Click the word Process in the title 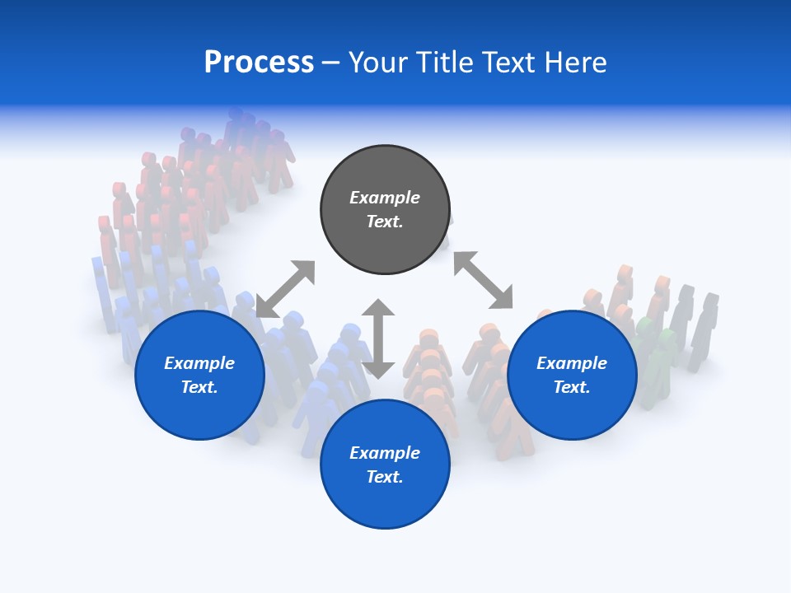pos(259,63)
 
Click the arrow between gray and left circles pos(285,289)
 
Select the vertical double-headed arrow pos(378,339)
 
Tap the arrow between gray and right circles pos(483,281)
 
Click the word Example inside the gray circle pos(385,198)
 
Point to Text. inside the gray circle pos(385,222)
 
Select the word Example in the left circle pos(199,363)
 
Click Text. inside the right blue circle pos(572,387)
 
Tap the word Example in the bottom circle pos(385,453)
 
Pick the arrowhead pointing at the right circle pos(501,298)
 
